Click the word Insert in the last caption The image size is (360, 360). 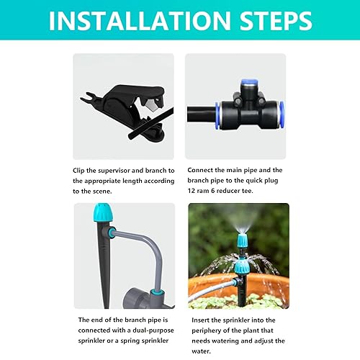[x=201, y=320]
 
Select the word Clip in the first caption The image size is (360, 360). [x=80, y=170]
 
